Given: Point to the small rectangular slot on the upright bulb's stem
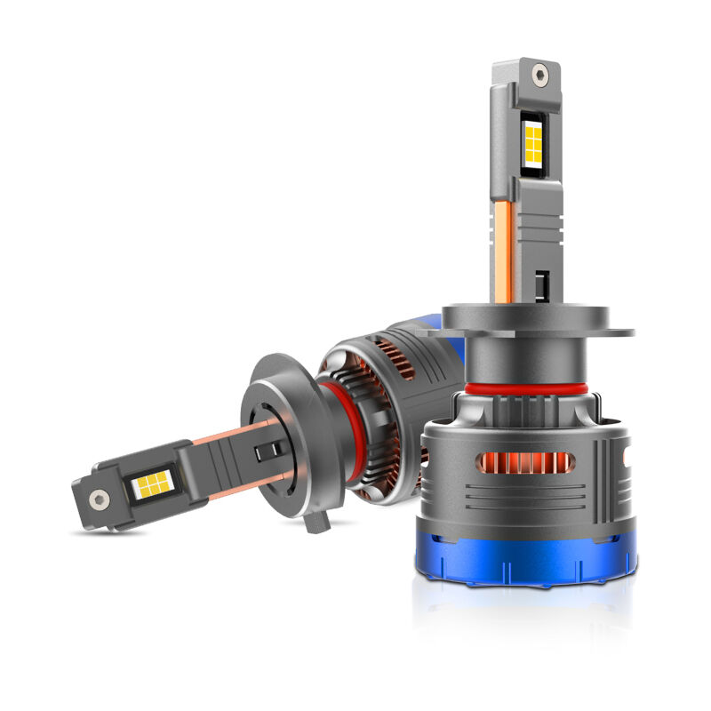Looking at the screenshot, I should (542, 283).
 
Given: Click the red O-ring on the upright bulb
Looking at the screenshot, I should (524, 390).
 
